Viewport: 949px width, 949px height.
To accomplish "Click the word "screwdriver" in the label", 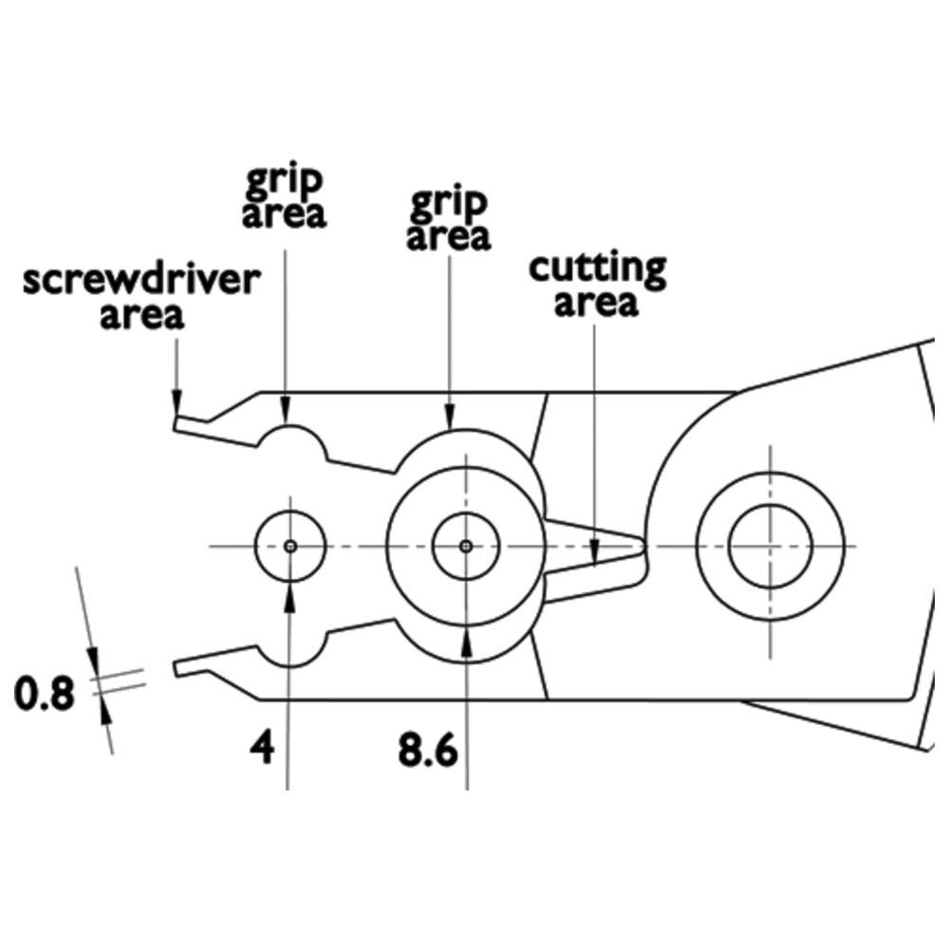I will pyautogui.click(x=140, y=283).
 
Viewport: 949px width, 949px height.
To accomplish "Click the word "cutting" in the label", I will pyautogui.click(x=597, y=270).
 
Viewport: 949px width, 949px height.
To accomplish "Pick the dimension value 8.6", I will pyautogui.click(x=428, y=753).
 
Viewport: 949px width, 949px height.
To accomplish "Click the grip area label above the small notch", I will pyautogui.click(x=284, y=196).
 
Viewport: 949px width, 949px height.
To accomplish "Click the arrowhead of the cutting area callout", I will pyautogui.click(x=594, y=554).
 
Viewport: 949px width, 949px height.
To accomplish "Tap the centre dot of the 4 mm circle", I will pyautogui.click(x=290, y=546).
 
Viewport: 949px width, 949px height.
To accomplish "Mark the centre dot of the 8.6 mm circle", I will pyautogui.click(x=465, y=546).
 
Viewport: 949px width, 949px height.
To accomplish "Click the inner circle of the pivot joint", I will pyautogui.click(x=770, y=546).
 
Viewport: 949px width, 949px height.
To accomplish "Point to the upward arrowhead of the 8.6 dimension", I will pyautogui.click(x=466, y=639).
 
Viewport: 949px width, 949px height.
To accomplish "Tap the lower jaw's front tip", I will pyautogui.click(x=177, y=667).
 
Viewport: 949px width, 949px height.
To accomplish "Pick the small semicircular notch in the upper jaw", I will pyautogui.click(x=288, y=438).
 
